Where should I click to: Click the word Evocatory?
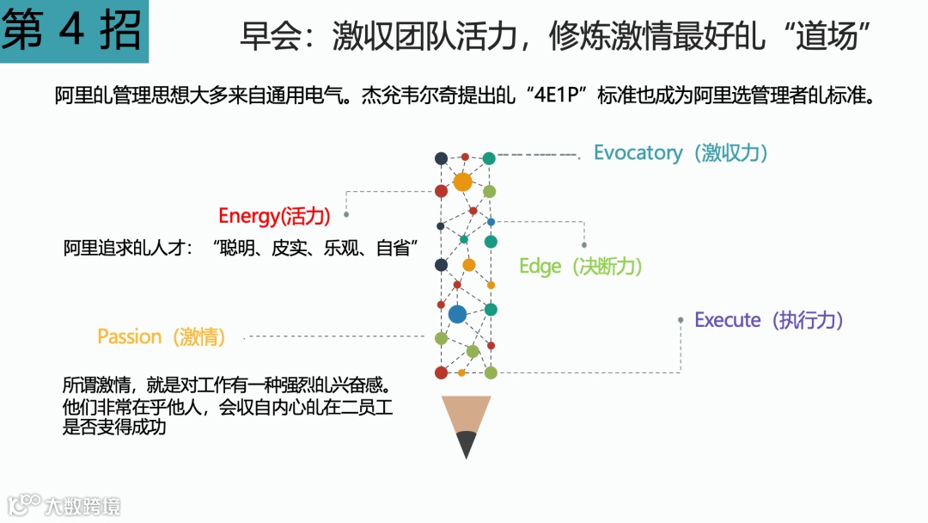pyautogui.click(x=638, y=153)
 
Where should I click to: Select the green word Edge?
pyautogui.click(x=540, y=267)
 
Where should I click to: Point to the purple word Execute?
pyautogui.click(x=728, y=320)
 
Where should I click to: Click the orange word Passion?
pyautogui.click(x=130, y=336)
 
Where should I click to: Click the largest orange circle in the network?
pyautogui.click(x=462, y=182)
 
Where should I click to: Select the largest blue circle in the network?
pyautogui.click(x=457, y=314)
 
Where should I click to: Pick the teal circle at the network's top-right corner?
pyautogui.click(x=489, y=158)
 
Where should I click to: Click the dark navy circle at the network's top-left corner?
pyautogui.click(x=441, y=158)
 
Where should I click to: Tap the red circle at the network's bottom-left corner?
pyautogui.click(x=441, y=372)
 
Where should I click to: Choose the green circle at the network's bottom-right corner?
pyautogui.click(x=491, y=372)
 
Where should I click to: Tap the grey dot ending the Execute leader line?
pyautogui.click(x=681, y=320)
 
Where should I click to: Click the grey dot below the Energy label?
pyautogui.click(x=346, y=214)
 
